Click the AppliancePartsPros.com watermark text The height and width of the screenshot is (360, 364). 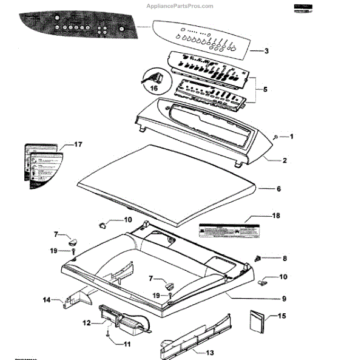click(181, 5)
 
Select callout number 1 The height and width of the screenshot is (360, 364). click(291, 137)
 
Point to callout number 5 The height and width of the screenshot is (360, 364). click(265, 89)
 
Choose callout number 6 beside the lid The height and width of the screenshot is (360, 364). click(278, 189)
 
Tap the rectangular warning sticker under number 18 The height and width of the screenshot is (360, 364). click(226, 231)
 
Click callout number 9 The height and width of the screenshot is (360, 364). click(284, 299)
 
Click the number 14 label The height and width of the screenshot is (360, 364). click(46, 299)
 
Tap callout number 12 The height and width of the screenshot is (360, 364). click(86, 323)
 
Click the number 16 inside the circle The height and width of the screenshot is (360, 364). click(153, 89)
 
